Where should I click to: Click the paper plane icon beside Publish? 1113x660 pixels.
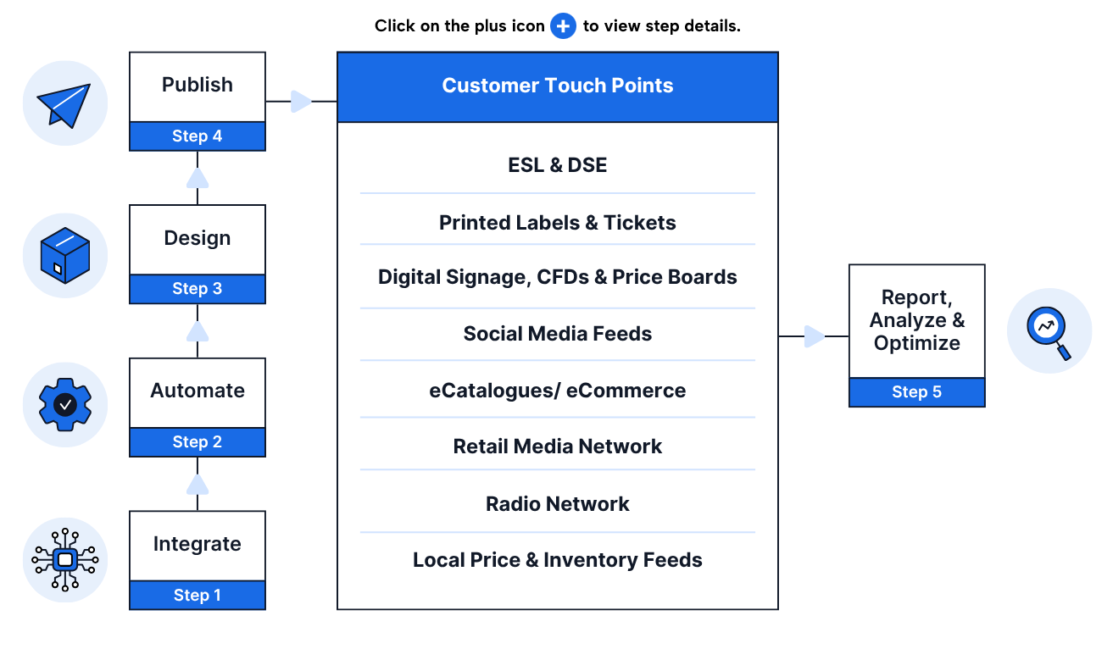tap(64, 103)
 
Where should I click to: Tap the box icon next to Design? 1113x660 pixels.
tap(64, 255)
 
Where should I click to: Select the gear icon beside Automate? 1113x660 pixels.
tap(64, 405)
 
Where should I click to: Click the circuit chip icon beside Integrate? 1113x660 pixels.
tap(64, 560)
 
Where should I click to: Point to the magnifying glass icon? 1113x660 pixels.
tap(1049, 331)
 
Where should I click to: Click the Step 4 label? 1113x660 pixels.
tap(197, 136)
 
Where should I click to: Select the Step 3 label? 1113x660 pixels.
tap(197, 289)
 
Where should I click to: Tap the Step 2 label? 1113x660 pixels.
tap(197, 442)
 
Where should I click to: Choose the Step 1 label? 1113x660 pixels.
tap(197, 596)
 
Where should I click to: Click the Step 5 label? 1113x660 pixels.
tap(916, 392)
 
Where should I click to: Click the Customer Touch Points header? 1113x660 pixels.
tap(557, 86)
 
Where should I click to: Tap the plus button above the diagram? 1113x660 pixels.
tap(563, 26)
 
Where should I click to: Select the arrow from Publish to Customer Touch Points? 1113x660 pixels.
tap(300, 102)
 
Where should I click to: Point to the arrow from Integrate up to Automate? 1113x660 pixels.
tap(198, 485)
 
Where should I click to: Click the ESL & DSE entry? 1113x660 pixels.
tap(557, 165)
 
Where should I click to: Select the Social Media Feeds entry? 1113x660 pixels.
tap(557, 334)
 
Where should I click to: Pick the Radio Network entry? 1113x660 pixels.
tap(557, 504)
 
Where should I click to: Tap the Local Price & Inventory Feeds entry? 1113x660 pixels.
tap(557, 560)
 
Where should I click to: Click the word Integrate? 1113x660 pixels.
tap(197, 544)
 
